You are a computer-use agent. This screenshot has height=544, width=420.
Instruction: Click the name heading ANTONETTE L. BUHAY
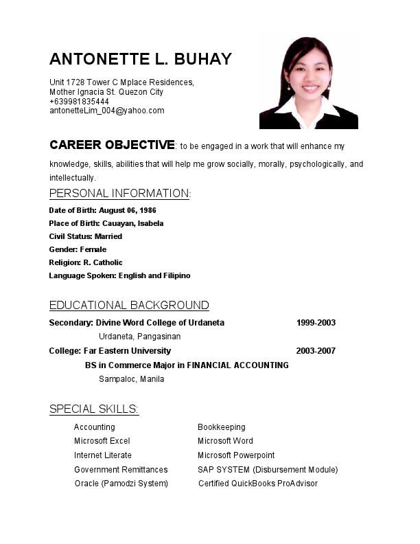141,58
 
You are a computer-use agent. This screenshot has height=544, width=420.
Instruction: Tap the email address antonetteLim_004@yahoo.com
106,111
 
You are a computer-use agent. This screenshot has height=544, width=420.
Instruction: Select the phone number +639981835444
79,101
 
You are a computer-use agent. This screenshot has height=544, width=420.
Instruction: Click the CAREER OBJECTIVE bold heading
112,145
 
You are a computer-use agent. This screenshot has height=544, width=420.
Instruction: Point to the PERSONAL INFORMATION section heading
119,193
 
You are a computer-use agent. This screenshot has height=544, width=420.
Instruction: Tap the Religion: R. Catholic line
86,262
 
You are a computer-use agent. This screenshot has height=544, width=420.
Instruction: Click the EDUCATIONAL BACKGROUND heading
129,305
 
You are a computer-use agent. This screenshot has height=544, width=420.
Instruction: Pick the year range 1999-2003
316,323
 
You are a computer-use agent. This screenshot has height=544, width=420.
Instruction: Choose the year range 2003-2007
316,351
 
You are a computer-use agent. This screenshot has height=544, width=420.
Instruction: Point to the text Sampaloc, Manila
131,379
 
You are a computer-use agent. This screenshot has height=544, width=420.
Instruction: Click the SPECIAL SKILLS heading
94,409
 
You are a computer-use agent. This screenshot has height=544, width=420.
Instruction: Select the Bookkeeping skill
221,427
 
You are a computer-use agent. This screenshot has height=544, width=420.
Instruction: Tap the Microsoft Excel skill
102,441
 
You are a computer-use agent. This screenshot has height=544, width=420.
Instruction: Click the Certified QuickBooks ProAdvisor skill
257,484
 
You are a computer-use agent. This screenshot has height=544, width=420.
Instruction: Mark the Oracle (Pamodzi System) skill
121,484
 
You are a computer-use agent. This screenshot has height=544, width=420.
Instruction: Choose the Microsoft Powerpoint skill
236,455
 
